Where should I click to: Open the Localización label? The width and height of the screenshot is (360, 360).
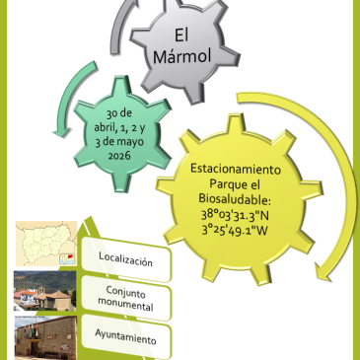125,261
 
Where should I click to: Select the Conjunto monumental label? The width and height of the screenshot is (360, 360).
127,298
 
